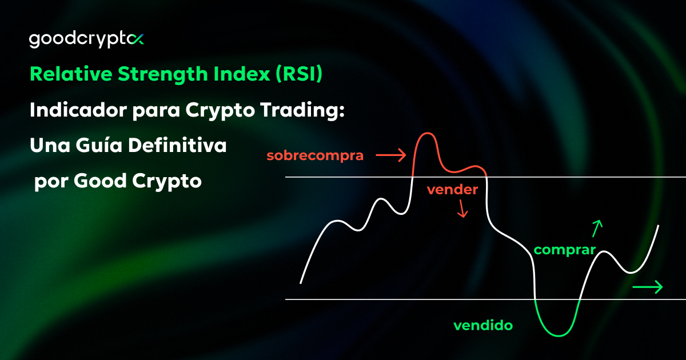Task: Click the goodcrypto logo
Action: (x=86, y=40)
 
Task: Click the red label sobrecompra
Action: (x=315, y=155)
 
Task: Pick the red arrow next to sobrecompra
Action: (x=390, y=154)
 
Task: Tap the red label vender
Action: (x=452, y=190)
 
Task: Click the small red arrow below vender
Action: (x=462, y=210)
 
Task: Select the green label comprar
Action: (x=564, y=250)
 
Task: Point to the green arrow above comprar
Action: (x=597, y=228)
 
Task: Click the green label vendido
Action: (x=482, y=326)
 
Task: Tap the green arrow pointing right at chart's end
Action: (x=647, y=287)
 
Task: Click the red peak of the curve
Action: (x=426, y=135)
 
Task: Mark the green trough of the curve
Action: (x=557, y=334)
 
